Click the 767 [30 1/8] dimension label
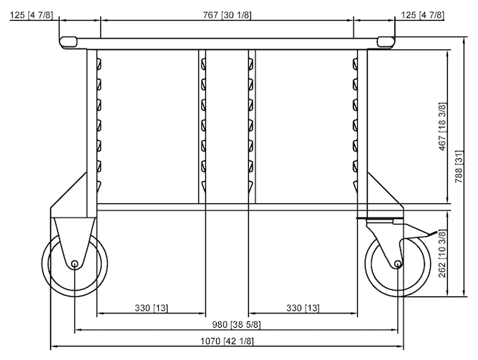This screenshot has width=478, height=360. [x=228, y=14]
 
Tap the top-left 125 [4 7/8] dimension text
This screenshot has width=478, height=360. [x=31, y=14]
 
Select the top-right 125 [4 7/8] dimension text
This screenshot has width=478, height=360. [x=422, y=14]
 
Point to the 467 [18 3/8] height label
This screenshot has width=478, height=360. [x=442, y=127]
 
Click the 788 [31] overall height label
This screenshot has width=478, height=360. [x=459, y=166]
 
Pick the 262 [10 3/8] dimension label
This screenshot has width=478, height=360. [x=442, y=253]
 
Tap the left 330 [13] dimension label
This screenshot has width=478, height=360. [x=151, y=308]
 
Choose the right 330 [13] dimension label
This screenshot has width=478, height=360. [x=303, y=308]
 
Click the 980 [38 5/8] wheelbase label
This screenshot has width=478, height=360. [x=236, y=325]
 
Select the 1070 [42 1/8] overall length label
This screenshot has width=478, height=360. [x=227, y=341]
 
